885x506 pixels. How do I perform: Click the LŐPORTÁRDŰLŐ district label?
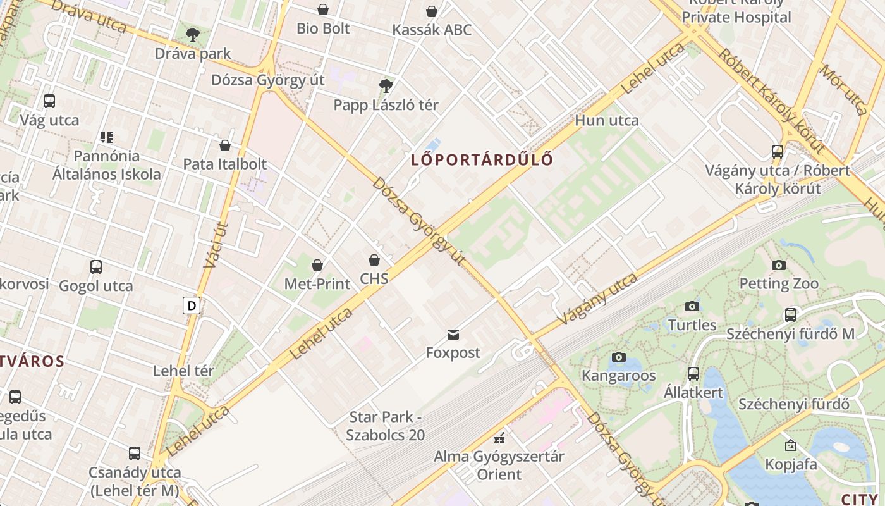pyautogui.click(x=482, y=159)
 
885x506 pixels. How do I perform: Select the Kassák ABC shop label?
pyautogui.click(x=432, y=30)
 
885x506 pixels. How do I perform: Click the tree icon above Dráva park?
pyautogui.click(x=192, y=34)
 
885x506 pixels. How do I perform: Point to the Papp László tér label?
pyautogui.click(x=386, y=105)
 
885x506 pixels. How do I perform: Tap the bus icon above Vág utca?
pyautogui.click(x=49, y=101)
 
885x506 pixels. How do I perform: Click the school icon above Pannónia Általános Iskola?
pyautogui.click(x=106, y=137)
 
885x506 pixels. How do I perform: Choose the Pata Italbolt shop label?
pyautogui.click(x=224, y=164)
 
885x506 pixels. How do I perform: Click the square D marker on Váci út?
pyautogui.click(x=192, y=306)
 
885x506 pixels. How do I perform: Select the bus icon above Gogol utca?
pyautogui.click(x=96, y=267)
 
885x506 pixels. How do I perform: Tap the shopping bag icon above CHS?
pyautogui.click(x=374, y=260)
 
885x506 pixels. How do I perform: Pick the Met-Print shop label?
pyautogui.click(x=317, y=284)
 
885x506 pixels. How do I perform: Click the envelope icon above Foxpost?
pyautogui.click(x=453, y=334)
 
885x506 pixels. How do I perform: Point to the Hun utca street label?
pyautogui.click(x=606, y=120)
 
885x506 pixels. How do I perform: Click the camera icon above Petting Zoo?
pyautogui.click(x=779, y=265)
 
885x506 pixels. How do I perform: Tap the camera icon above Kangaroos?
pyautogui.click(x=619, y=357)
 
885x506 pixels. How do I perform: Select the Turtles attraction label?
pyautogui.click(x=692, y=325)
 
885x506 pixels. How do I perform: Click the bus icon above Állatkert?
pyautogui.click(x=693, y=374)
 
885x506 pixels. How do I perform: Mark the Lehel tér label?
pyautogui.click(x=183, y=371)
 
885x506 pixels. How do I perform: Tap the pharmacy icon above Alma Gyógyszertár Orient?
pyautogui.click(x=499, y=438)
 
